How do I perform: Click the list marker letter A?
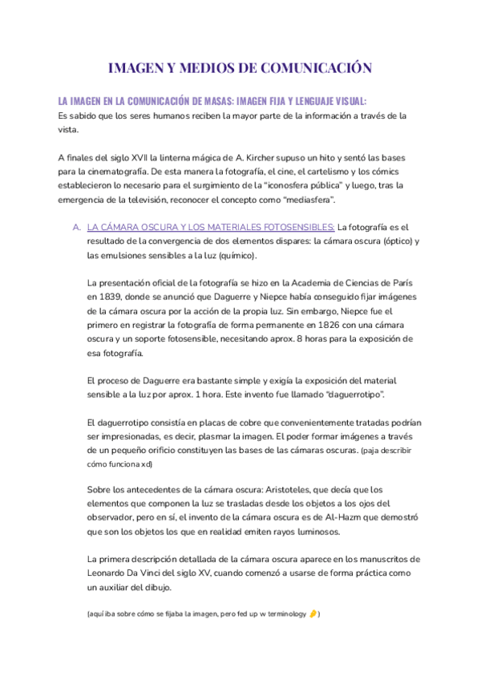pyautogui.click(x=77, y=227)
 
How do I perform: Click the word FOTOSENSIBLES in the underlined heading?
pyautogui.click(x=293, y=227)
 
